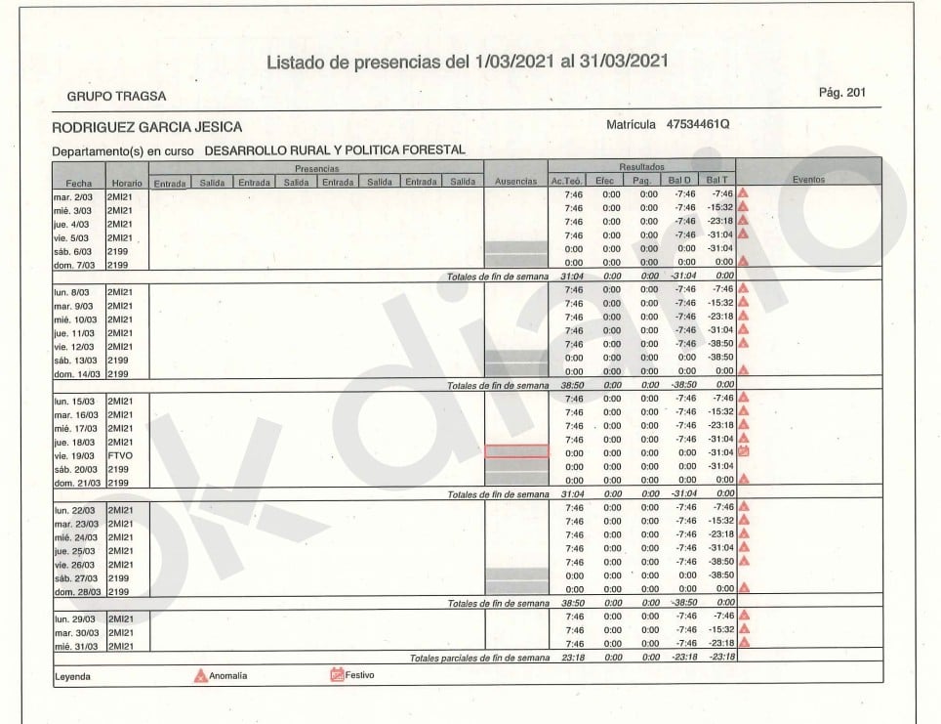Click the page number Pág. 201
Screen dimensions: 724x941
[x=842, y=92]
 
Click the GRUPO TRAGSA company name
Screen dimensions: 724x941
[x=116, y=97]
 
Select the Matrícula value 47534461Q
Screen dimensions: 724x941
[x=698, y=125]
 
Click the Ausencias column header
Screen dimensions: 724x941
[x=515, y=182]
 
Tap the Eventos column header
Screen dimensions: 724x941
[x=808, y=181]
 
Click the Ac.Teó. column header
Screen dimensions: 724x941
[x=567, y=182]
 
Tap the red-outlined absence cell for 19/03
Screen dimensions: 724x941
[x=516, y=451]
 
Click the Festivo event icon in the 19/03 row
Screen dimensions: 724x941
[x=743, y=451]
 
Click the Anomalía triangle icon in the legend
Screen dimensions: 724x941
[x=202, y=676]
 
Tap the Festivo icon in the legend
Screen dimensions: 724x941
[x=338, y=675]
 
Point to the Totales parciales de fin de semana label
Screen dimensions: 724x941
[x=479, y=658]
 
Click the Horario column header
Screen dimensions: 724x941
[x=126, y=183]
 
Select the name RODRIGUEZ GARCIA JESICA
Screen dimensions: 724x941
[x=146, y=127]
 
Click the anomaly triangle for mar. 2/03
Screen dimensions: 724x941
[x=743, y=193]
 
